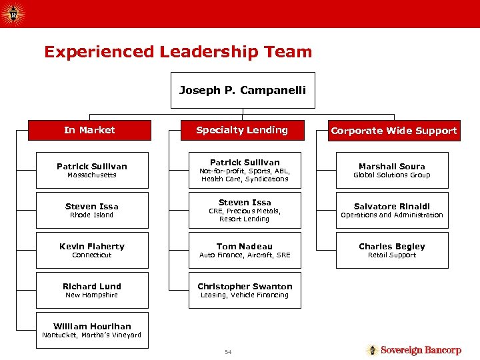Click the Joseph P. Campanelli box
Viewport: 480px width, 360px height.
point(242,91)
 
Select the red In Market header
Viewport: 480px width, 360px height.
point(89,130)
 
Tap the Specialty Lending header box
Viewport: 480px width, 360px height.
point(242,130)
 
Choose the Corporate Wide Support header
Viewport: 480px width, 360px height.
point(394,131)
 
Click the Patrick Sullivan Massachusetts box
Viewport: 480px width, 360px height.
point(92,170)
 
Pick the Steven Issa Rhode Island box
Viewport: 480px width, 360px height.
point(92,210)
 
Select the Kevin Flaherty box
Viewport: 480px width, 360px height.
point(92,250)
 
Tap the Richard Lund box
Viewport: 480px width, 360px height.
point(92,290)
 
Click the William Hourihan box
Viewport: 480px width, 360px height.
point(92,330)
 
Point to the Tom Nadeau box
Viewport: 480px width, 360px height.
point(245,250)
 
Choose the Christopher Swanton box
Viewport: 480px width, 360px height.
point(245,290)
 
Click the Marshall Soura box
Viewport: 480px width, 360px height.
point(391,170)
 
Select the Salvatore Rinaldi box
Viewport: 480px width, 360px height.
point(391,210)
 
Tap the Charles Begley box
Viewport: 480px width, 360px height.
point(391,250)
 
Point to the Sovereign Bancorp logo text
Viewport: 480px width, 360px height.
point(421,350)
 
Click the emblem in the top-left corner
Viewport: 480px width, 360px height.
point(13,13)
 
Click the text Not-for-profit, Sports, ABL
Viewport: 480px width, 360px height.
point(245,171)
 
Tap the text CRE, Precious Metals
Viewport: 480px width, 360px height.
point(245,211)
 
